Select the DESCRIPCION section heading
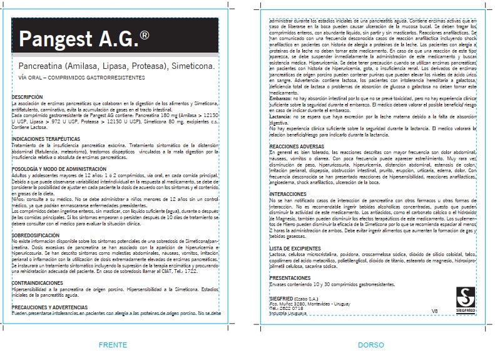[28, 96]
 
